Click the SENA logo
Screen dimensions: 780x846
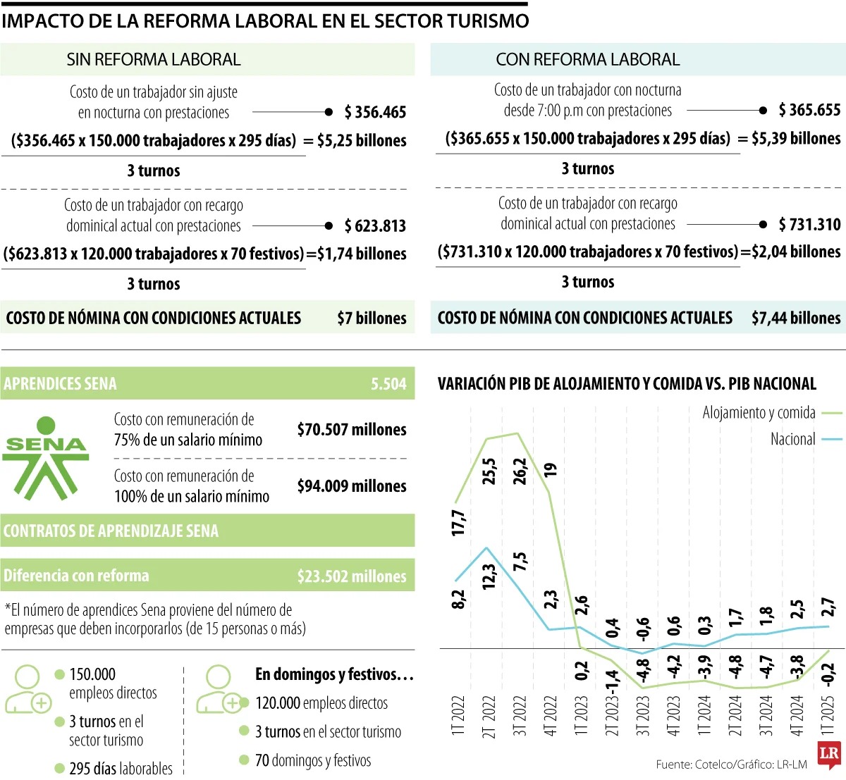tap(46, 457)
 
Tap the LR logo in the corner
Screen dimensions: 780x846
tap(829, 755)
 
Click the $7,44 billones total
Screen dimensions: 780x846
tap(796, 318)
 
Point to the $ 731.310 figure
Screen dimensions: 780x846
tap(809, 225)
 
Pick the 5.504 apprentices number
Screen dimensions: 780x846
tap(388, 384)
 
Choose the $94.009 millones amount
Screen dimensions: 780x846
tap(352, 486)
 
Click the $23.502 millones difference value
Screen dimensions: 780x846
tap(352, 576)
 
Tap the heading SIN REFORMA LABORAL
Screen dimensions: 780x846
tap(154, 60)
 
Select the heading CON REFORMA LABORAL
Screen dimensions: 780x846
tap(587, 60)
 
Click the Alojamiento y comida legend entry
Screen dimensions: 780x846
tap(759, 413)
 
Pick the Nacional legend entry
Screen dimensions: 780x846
tap(792, 439)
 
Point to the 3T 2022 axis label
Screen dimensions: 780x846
tap(520, 716)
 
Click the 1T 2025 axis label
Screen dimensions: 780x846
tap(828, 716)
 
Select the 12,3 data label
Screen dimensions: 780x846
tap(489, 576)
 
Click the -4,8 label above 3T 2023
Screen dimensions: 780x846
tap(643, 671)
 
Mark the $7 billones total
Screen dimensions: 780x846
tap(372, 318)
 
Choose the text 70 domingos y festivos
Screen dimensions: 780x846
tap(312, 761)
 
